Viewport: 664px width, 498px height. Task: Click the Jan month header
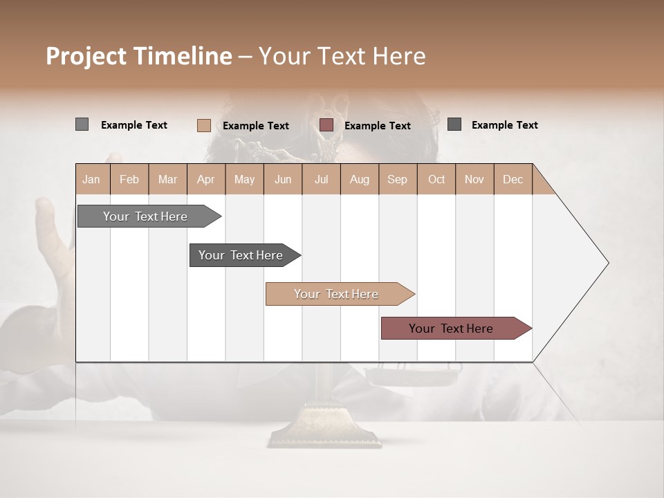92,179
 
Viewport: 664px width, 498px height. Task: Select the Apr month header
206,179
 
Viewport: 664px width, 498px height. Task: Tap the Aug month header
360,179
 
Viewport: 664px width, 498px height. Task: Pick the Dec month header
513,179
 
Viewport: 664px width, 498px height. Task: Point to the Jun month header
283,179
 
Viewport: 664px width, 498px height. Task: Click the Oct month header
436,179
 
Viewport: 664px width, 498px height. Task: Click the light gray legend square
82,124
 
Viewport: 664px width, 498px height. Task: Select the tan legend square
203,125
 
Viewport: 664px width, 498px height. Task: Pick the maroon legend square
326,125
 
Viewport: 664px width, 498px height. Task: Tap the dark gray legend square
454,124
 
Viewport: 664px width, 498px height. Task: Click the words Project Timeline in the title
138,56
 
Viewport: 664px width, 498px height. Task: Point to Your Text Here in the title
342,56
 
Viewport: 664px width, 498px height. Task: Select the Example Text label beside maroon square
377,126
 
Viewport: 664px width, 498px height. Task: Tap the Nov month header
474,179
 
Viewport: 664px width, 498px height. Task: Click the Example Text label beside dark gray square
504,125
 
